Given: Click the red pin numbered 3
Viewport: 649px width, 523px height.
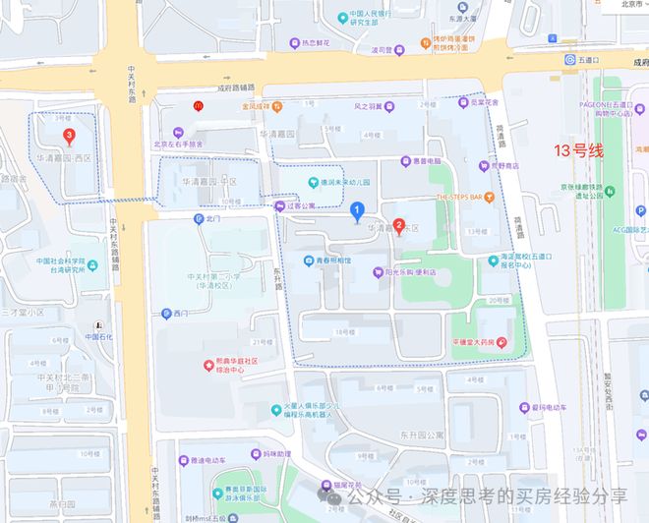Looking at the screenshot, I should click(69, 137).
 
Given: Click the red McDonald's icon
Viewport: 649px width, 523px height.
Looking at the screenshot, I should click(200, 109).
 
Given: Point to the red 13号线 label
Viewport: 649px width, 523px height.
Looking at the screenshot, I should click(580, 150).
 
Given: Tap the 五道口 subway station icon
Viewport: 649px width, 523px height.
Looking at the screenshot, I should click(569, 59).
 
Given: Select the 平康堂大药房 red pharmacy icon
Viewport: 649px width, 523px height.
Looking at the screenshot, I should click(502, 342).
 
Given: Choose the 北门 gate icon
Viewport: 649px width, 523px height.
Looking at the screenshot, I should click(199, 218).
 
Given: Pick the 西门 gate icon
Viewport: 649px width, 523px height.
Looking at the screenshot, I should click(166, 314).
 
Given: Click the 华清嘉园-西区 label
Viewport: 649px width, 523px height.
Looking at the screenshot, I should click(64, 158).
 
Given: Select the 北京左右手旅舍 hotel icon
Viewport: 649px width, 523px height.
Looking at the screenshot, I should click(178, 133).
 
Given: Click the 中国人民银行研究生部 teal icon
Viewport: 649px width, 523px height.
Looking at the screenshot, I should click(340, 17).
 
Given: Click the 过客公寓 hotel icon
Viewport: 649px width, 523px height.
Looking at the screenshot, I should click(278, 206).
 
